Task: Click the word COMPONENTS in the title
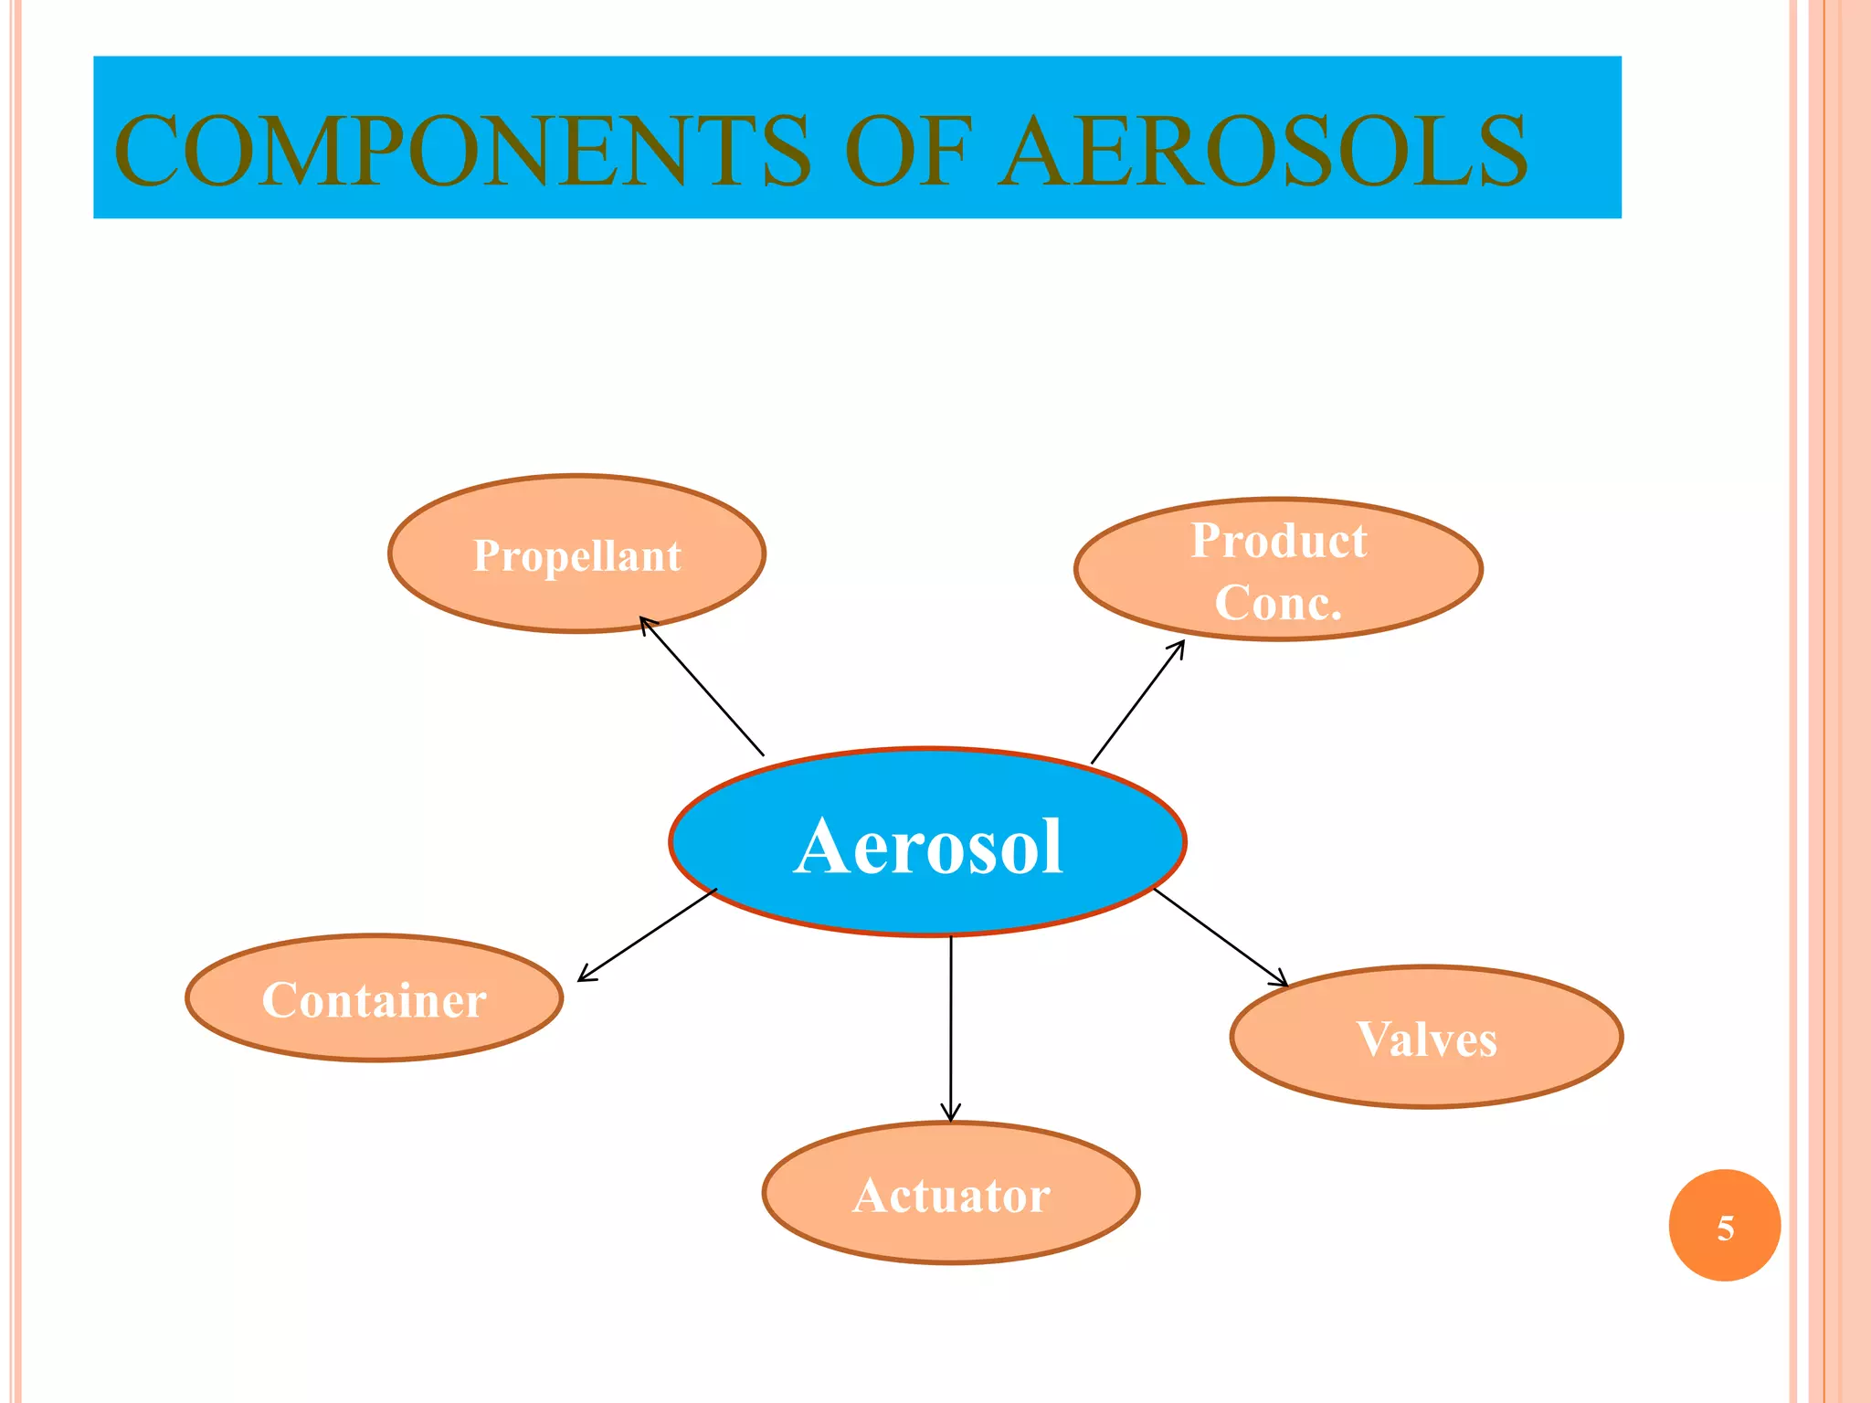[x=461, y=151]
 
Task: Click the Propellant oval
[x=576, y=554]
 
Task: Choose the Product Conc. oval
[x=1278, y=569]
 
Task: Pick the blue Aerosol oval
[x=927, y=842]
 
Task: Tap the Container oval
[x=374, y=997]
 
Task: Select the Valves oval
[x=1426, y=1037]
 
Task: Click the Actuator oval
[x=951, y=1193]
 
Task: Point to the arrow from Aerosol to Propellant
[x=702, y=686]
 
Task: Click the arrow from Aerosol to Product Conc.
[x=1137, y=701]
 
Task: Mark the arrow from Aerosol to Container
[x=647, y=935]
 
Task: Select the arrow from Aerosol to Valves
[x=1221, y=937]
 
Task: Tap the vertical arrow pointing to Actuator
[x=951, y=1028]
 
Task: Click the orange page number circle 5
[x=1724, y=1226]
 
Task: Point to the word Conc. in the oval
[x=1278, y=603]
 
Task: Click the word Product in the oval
[x=1278, y=540]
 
